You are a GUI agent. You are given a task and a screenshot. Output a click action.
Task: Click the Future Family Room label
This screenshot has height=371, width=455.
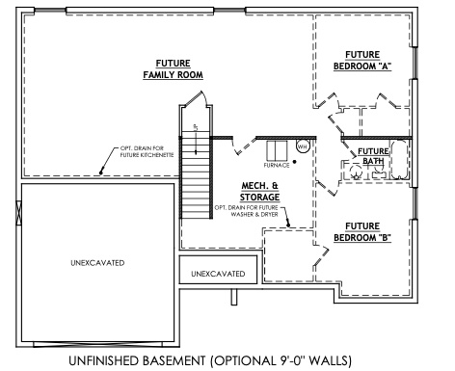(x=167, y=67)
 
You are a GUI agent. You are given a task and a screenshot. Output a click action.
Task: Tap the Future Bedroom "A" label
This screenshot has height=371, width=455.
(x=356, y=60)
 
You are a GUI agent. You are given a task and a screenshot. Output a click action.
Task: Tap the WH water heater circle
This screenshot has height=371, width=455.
(x=302, y=146)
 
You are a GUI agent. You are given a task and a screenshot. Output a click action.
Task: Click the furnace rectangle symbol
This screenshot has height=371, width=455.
(x=278, y=148)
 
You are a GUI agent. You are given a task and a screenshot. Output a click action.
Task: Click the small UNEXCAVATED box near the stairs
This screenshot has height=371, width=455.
(x=218, y=274)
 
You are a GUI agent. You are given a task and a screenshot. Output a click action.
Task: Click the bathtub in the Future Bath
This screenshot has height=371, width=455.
(x=396, y=157)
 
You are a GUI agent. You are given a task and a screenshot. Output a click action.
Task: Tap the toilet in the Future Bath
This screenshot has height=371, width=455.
(x=355, y=171)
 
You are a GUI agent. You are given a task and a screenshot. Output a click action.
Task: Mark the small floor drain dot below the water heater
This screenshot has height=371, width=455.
(x=294, y=161)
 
